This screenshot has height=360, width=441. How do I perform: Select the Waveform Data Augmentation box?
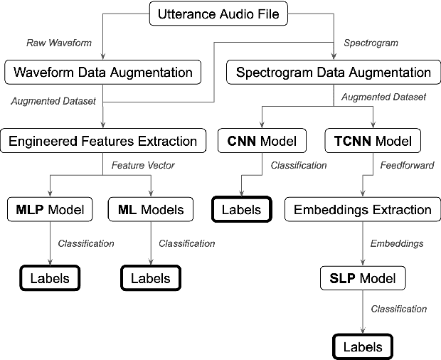click(102, 72)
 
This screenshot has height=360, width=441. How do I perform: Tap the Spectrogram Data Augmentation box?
click(334, 72)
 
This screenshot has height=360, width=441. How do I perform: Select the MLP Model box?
click(49, 209)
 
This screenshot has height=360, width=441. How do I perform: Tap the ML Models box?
click(150, 209)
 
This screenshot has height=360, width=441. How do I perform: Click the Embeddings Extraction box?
click(363, 209)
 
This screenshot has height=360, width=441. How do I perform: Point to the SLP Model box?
click(363, 278)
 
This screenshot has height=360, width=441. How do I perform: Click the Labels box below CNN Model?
click(242, 209)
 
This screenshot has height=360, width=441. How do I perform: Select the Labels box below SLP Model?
click(363, 346)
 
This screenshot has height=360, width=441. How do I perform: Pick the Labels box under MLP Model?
click(49, 277)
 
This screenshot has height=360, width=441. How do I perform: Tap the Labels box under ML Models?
click(150, 277)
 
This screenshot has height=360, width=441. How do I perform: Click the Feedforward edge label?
click(400, 165)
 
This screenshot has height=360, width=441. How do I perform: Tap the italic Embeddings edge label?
click(397, 243)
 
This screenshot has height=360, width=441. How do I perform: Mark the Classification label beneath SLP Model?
click(399, 309)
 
